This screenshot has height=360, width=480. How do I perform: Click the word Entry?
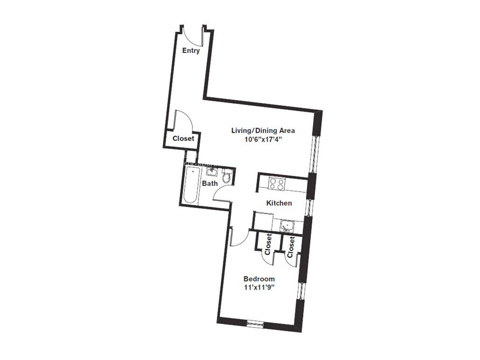point(191,51)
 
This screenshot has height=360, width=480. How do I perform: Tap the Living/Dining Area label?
point(264,130)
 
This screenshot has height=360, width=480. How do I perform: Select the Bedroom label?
point(259,279)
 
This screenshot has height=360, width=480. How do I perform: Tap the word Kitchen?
point(280,203)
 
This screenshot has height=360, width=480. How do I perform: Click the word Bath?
point(209,184)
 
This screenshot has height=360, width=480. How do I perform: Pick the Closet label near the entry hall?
point(183,139)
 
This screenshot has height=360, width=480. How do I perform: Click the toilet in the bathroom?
point(227,176)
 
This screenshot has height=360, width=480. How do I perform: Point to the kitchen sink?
point(286,226)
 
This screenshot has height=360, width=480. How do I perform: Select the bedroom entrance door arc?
point(238,239)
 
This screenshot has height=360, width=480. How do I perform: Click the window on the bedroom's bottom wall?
point(256,324)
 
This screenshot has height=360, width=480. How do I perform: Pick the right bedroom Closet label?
point(291,247)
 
